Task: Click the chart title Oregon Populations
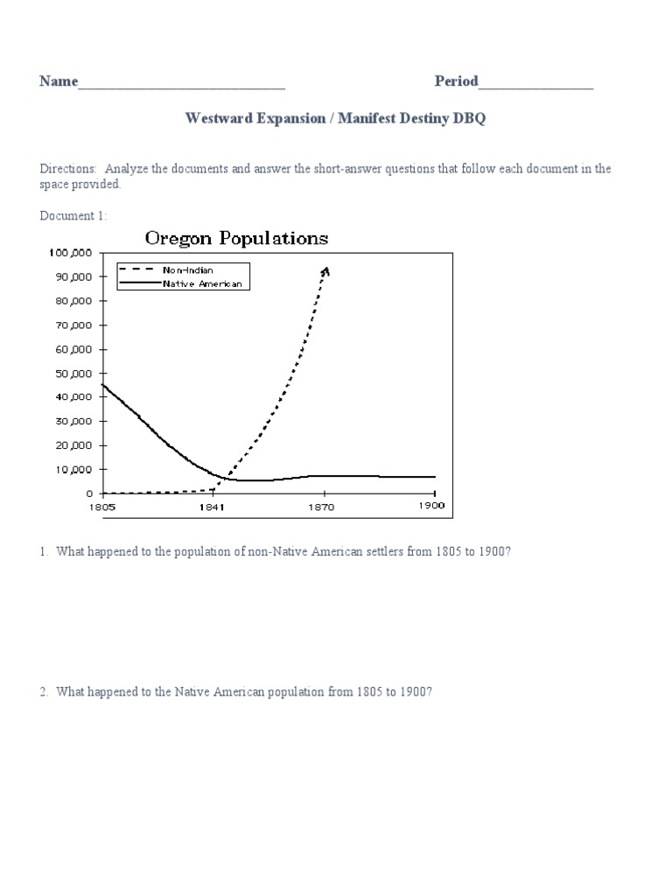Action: click(x=236, y=238)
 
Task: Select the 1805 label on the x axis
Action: click(x=102, y=507)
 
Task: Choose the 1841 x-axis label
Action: click(x=213, y=507)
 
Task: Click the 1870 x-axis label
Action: click(x=323, y=507)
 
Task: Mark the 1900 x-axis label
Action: click(x=433, y=507)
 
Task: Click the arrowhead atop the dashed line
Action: click(x=325, y=271)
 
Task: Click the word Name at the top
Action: click(x=58, y=82)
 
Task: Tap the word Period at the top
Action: click(x=456, y=82)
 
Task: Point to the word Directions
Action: click(x=69, y=169)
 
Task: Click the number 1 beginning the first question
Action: click(x=43, y=552)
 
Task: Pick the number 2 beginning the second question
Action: click(x=43, y=692)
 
